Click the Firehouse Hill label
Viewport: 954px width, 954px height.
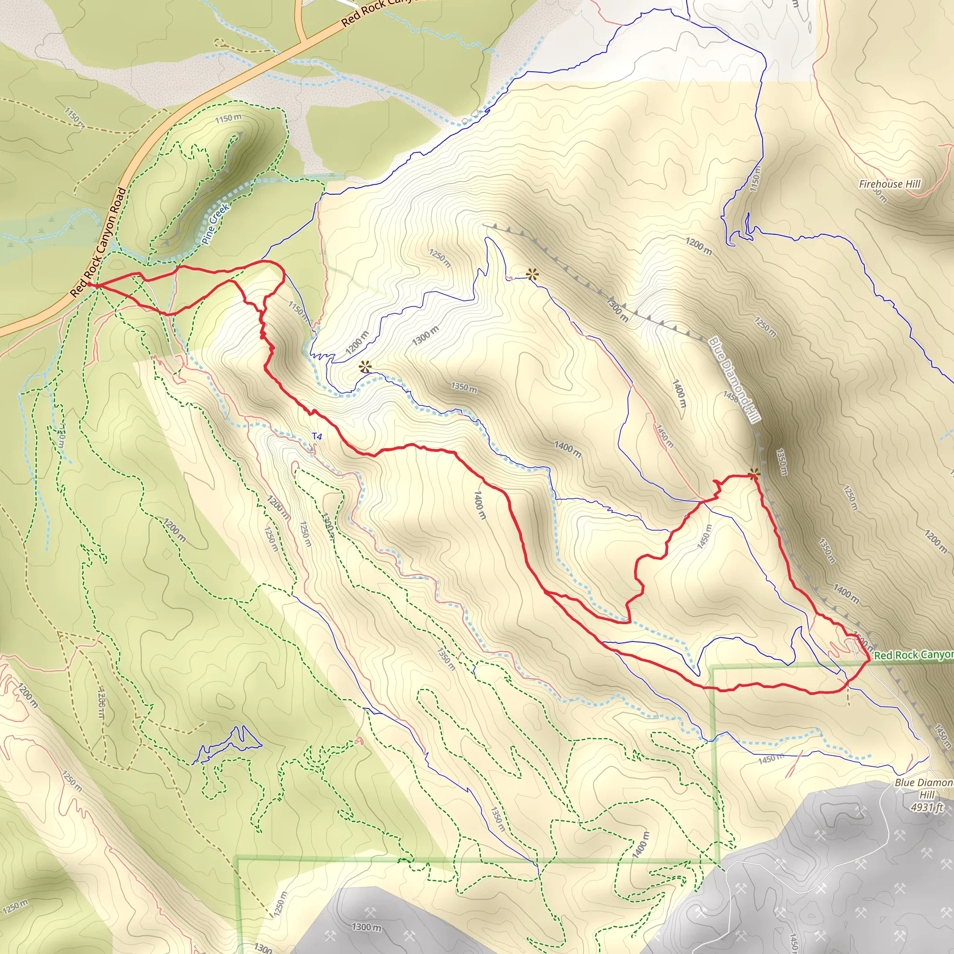[889, 184]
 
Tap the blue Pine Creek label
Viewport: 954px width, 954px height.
[215, 224]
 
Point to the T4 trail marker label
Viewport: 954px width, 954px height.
[316, 436]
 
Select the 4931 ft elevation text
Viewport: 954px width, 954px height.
[927, 807]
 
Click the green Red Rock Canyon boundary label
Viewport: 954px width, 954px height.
[913, 655]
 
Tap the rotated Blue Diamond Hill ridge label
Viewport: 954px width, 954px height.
[734, 379]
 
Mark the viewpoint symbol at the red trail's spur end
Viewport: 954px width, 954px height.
[754, 475]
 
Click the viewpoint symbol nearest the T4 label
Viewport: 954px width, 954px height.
[365, 367]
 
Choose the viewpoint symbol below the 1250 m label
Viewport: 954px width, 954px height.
[532, 274]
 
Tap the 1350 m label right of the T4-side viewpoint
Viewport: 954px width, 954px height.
[463, 387]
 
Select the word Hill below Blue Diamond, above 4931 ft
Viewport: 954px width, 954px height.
[927, 795]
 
